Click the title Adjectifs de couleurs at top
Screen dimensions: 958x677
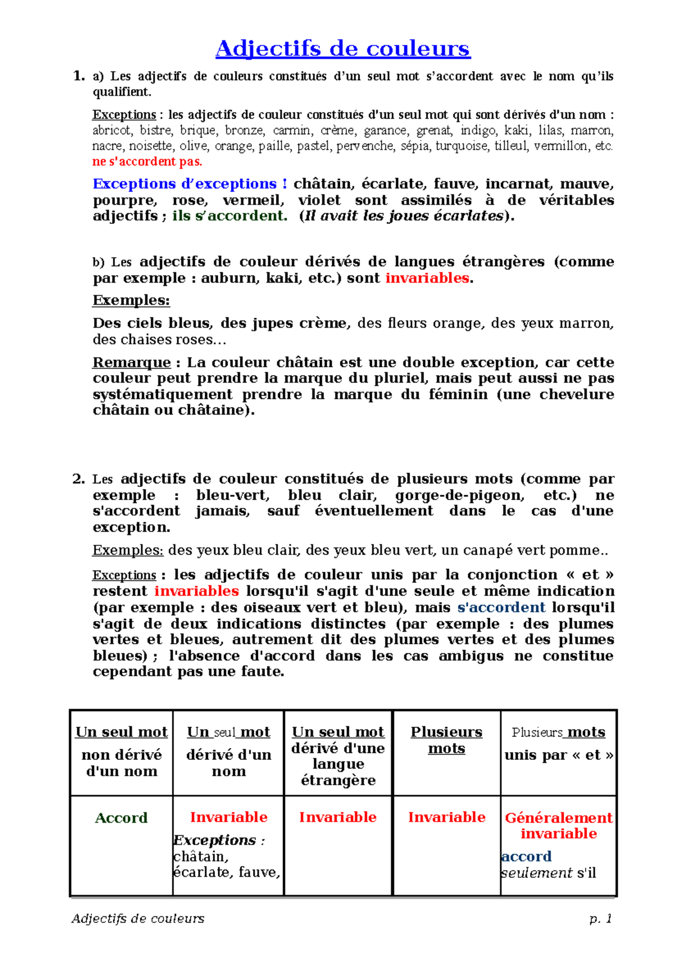(342, 49)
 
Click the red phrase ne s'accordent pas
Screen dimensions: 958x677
(147, 162)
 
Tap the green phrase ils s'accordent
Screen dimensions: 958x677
(230, 216)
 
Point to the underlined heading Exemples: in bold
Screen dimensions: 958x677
(131, 300)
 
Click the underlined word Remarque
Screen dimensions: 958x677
(131, 362)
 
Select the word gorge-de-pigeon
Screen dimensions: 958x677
(459, 495)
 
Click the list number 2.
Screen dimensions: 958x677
(78, 479)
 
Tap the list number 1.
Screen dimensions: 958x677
(78, 76)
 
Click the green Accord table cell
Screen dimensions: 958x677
(121, 818)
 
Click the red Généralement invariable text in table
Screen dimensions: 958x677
(559, 825)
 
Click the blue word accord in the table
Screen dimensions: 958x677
(526, 856)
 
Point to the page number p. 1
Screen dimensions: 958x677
(600, 919)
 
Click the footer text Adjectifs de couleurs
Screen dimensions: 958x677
(138, 919)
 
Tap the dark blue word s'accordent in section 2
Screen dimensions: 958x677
(501, 608)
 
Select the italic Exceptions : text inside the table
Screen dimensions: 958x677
(219, 840)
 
